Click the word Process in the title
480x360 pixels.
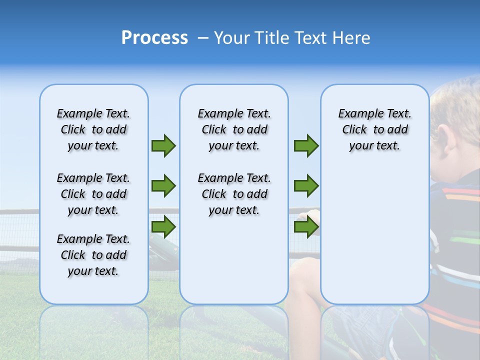[154, 38]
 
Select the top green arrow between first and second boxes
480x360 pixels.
[163, 145]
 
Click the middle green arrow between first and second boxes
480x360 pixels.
[163, 186]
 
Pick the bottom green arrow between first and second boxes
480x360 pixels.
[163, 226]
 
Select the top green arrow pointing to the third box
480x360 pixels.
[306, 145]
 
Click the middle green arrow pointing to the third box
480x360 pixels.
[306, 186]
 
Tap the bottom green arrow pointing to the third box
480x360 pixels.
[306, 226]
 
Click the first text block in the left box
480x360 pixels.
[93, 129]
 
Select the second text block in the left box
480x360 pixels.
[93, 194]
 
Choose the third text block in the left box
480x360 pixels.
[93, 255]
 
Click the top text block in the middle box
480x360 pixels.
[234, 129]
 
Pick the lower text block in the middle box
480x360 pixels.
[234, 194]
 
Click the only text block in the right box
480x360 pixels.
[374, 129]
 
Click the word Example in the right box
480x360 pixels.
[357, 114]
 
